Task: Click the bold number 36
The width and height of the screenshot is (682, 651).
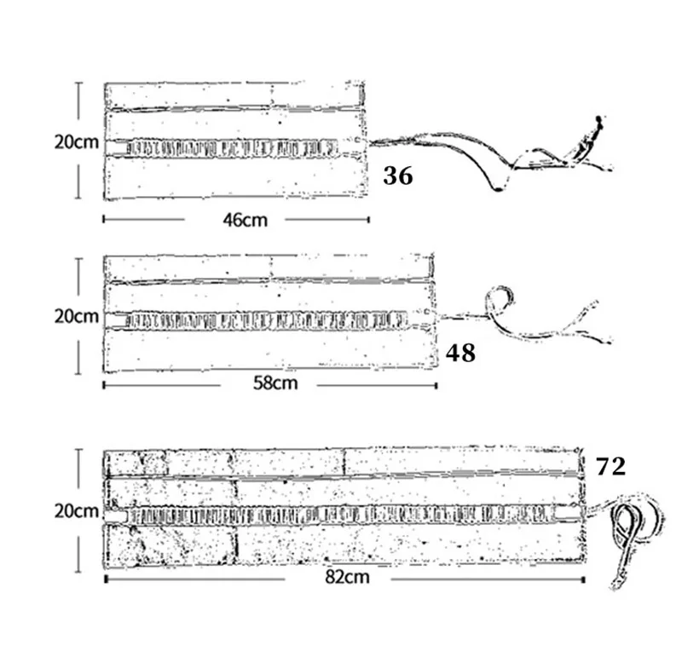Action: (398, 176)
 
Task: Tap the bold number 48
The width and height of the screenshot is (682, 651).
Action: (460, 353)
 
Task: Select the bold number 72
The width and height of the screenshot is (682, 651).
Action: (611, 466)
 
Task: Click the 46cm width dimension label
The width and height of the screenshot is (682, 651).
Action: (245, 220)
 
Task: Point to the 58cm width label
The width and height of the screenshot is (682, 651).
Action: (275, 383)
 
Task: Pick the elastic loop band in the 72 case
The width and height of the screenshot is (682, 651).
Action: (341, 514)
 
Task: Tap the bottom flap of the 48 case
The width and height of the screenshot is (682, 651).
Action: (269, 351)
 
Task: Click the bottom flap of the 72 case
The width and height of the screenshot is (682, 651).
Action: (341, 545)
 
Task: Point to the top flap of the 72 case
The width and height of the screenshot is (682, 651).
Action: (341, 463)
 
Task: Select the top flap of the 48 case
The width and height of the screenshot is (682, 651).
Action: (269, 268)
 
